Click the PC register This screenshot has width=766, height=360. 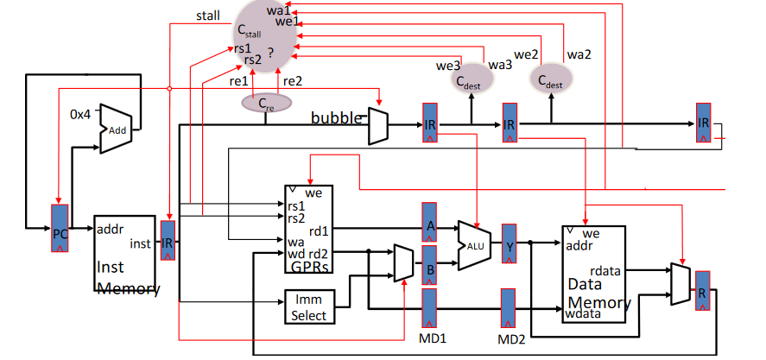click(59, 229)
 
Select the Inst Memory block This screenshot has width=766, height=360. click(126, 255)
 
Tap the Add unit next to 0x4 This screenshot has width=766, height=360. click(116, 129)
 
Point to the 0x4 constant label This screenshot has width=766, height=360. click(80, 114)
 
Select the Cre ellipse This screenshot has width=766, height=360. click(265, 103)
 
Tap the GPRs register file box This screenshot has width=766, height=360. click(308, 229)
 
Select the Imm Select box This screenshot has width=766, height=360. click(308, 308)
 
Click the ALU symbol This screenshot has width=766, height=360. click(473, 244)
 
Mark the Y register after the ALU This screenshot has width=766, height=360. click(509, 244)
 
